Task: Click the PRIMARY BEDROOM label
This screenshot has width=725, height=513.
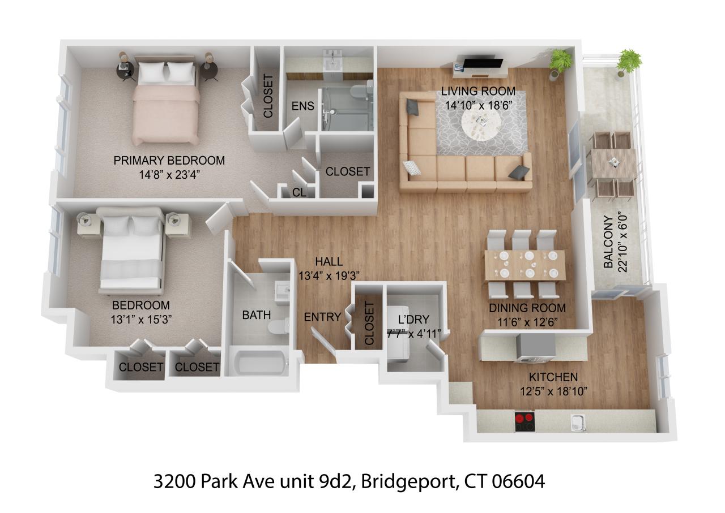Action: coord(169,161)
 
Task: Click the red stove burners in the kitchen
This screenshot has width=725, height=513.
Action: coord(524,421)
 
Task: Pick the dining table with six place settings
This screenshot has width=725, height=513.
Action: coord(524,265)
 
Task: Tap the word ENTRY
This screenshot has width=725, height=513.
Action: coord(322,317)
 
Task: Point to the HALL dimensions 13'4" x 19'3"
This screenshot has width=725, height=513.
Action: coord(329,275)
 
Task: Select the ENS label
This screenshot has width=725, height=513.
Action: coord(303,106)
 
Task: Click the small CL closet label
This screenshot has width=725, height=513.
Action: coord(299,192)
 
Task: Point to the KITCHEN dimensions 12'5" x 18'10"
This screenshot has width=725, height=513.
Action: coord(553,391)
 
